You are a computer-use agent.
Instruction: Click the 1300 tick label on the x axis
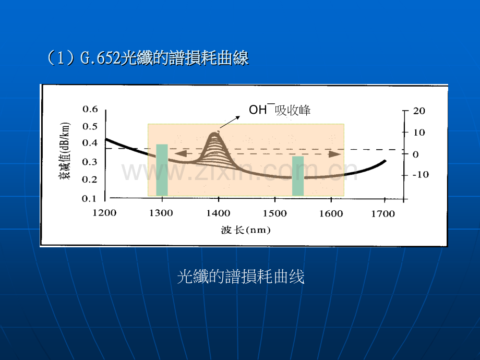pyautogui.click(x=161, y=213)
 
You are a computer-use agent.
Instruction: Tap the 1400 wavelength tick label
pyautogui.click(x=218, y=213)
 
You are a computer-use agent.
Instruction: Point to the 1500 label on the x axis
pyautogui.click(x=275, y=213)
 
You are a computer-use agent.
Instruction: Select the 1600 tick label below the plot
pyautogui.click(x=331, y=213)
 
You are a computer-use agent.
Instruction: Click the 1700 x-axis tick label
pyautogui.click(x=383, y=214)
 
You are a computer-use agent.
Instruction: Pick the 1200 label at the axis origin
pyautogui.click(x=104, y=213)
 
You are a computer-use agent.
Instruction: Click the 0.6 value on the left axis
pyautogui.click(x=90, y=109)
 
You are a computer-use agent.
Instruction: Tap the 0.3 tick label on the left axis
pyautogui.click(x=89, y=162)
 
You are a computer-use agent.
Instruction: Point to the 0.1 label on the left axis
pyautogui.click(x=89, y=199)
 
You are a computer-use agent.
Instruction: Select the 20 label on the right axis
pyautogui.click(x=419, y=111)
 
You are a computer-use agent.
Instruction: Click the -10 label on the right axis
pyautogui.click(x=421, y=175)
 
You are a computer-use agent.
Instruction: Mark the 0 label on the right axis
pyautogui.click(x=415, y=154)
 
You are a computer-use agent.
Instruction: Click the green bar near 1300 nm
pyautogui.click(x=162, y=170)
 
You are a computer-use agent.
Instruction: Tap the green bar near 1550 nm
pyautogui.click(x=298, y=176)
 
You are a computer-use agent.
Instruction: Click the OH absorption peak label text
pyautogui.click(x=280, y=110)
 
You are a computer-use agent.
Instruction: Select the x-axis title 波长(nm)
pyautogui.click(x=246, y=230)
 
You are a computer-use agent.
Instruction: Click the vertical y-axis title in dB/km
pyautogui.click(x=65, y=151)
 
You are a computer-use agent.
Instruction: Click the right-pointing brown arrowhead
pyautogui.click(x=335, y=154)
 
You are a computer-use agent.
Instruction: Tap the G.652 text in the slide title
pyautogui.click(x=100, y=57)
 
